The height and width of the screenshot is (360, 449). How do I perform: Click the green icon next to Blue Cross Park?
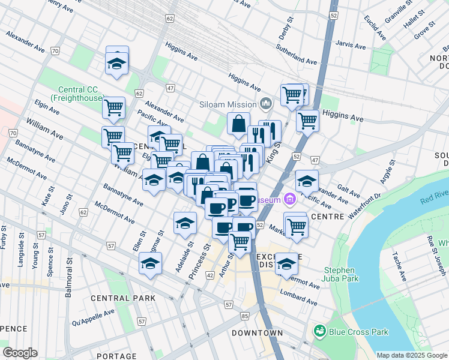319,331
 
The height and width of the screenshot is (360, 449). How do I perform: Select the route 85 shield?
244,316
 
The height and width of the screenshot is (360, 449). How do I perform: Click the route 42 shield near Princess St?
210,275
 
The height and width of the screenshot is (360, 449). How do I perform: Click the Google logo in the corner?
20,353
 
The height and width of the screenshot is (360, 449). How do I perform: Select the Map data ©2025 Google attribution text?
411,355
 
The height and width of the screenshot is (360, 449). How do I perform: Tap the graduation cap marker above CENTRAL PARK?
151,263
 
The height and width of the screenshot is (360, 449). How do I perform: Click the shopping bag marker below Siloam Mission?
238,124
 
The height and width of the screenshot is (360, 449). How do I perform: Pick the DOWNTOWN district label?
258,333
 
